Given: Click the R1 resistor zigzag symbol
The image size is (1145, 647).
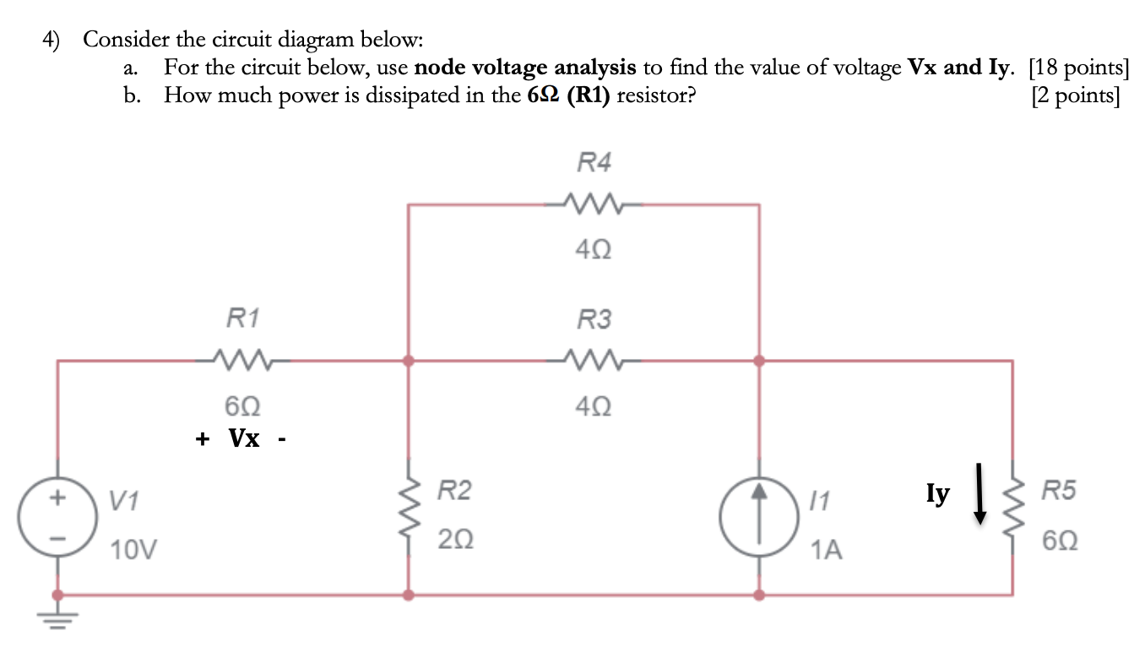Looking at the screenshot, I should point(243,361).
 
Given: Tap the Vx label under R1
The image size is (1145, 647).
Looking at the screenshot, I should point(245,439).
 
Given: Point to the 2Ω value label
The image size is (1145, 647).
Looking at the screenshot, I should point(456,539).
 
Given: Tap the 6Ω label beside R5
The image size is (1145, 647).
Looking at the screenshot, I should point(1060,539).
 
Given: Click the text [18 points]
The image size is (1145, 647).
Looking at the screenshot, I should point(1078,68).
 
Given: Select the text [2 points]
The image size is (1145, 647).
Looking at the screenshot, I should point(1076,95).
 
